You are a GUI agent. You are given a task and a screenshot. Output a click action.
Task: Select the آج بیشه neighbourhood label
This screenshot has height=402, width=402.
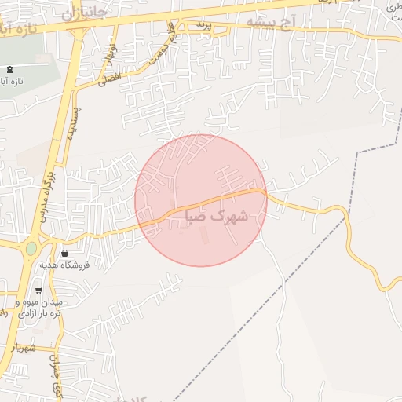point(270,21)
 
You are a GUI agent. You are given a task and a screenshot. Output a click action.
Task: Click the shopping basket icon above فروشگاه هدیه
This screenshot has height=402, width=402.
point(64,253)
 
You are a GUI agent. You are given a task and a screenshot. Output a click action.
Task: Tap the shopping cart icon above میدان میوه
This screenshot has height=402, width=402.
point(38,290)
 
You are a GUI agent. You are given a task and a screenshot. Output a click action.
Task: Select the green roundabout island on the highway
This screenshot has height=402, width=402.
point(31,248)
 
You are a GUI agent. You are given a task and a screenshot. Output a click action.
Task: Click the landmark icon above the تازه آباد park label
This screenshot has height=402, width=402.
point(9,69)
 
